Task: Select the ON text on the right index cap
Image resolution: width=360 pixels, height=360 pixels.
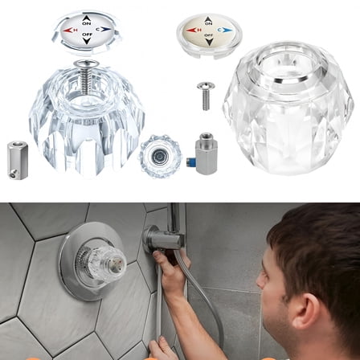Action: click(208, 22)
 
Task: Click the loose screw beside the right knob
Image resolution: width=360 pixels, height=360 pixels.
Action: click(205, 94)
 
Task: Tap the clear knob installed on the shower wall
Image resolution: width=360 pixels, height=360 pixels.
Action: click(108, 261)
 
